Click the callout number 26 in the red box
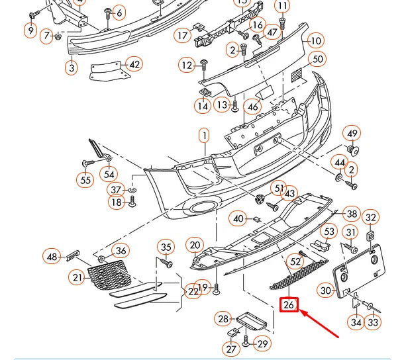pyautogui.click(x=289, y=305)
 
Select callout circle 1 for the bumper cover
pyautogui.click(x=205, y=136)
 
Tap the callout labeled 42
pyautogui.click(x=134, y=64)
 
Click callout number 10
pyautogui.click(x=315, y=41)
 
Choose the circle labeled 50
pyautogui.click(x=318, y=60)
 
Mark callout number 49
pyautogui.click(x=352, y=134)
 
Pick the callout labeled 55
pyautogui.click(x=85, y=179)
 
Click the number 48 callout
pyautogui.click(x=52, y=256)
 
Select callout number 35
pyautogui.click(x=166, y=247)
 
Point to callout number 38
pyautogui.click(x=352, y=214)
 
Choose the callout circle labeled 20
pyautogui.click(x=194, y=245)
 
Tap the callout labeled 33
pyautogui.click(x=374, y=322)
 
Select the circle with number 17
pyautogui.click(x=183, y=35)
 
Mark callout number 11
pyautogui.click(x=283, y=7)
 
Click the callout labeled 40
pyautogui.click(x=238, y=218)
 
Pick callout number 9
pyautogui.click(x=30, y=30)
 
